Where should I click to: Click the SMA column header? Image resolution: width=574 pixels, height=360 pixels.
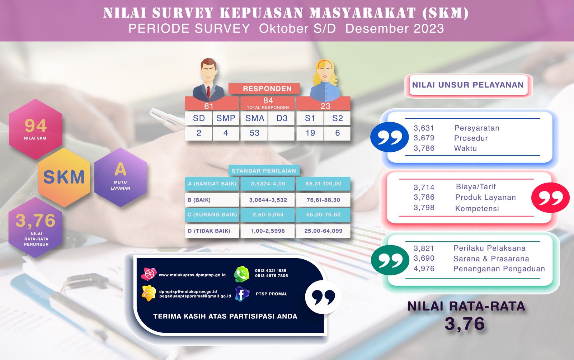pyautogui.click(x=254, y=118)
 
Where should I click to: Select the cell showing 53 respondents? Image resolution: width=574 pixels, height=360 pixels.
pyautogui.click(x=254, y=133)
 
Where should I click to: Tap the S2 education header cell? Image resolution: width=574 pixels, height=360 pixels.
pyautogui.click(x=337, y=118)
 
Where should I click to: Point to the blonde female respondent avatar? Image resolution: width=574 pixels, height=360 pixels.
pyautogui.click(x=325, y=80)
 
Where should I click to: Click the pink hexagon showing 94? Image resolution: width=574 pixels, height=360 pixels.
pyautogui.click(x=36, y=129)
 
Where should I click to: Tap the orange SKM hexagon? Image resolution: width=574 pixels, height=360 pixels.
pyautogui.click(x=64, y=177)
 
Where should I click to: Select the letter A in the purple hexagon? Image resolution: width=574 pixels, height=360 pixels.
pyautogui.click(x=121, y=169)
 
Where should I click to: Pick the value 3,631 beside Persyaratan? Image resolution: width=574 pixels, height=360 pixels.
pyautogui.click(x=424, y=128)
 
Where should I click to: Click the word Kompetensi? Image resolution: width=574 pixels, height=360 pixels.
pyautogui.click(x=477, y=208)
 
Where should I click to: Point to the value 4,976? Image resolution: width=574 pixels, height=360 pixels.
pyautogui.click(x=424, y=269)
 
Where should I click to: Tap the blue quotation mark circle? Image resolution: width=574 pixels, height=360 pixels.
pyautogui.click(x=390, y=137)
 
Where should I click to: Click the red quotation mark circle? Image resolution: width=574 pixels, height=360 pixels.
pyautogui.click(x=550, y=198)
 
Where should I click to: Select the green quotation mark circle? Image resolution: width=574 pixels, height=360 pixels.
pyautogui.click(x=390, y=260)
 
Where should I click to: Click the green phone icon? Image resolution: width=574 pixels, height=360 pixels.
pyautogui.click(x=241, y=274)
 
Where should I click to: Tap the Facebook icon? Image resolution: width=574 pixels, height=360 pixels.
pyautogui.click(x=242, y=294)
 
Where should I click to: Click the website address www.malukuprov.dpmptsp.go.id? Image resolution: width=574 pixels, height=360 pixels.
pyautogui.click(x=192, y=275)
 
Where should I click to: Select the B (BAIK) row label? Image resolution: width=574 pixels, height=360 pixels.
pyautogui.click(x=199, y=200)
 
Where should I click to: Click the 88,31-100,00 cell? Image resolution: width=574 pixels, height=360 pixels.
pyautogui.click(x=323, y=184)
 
